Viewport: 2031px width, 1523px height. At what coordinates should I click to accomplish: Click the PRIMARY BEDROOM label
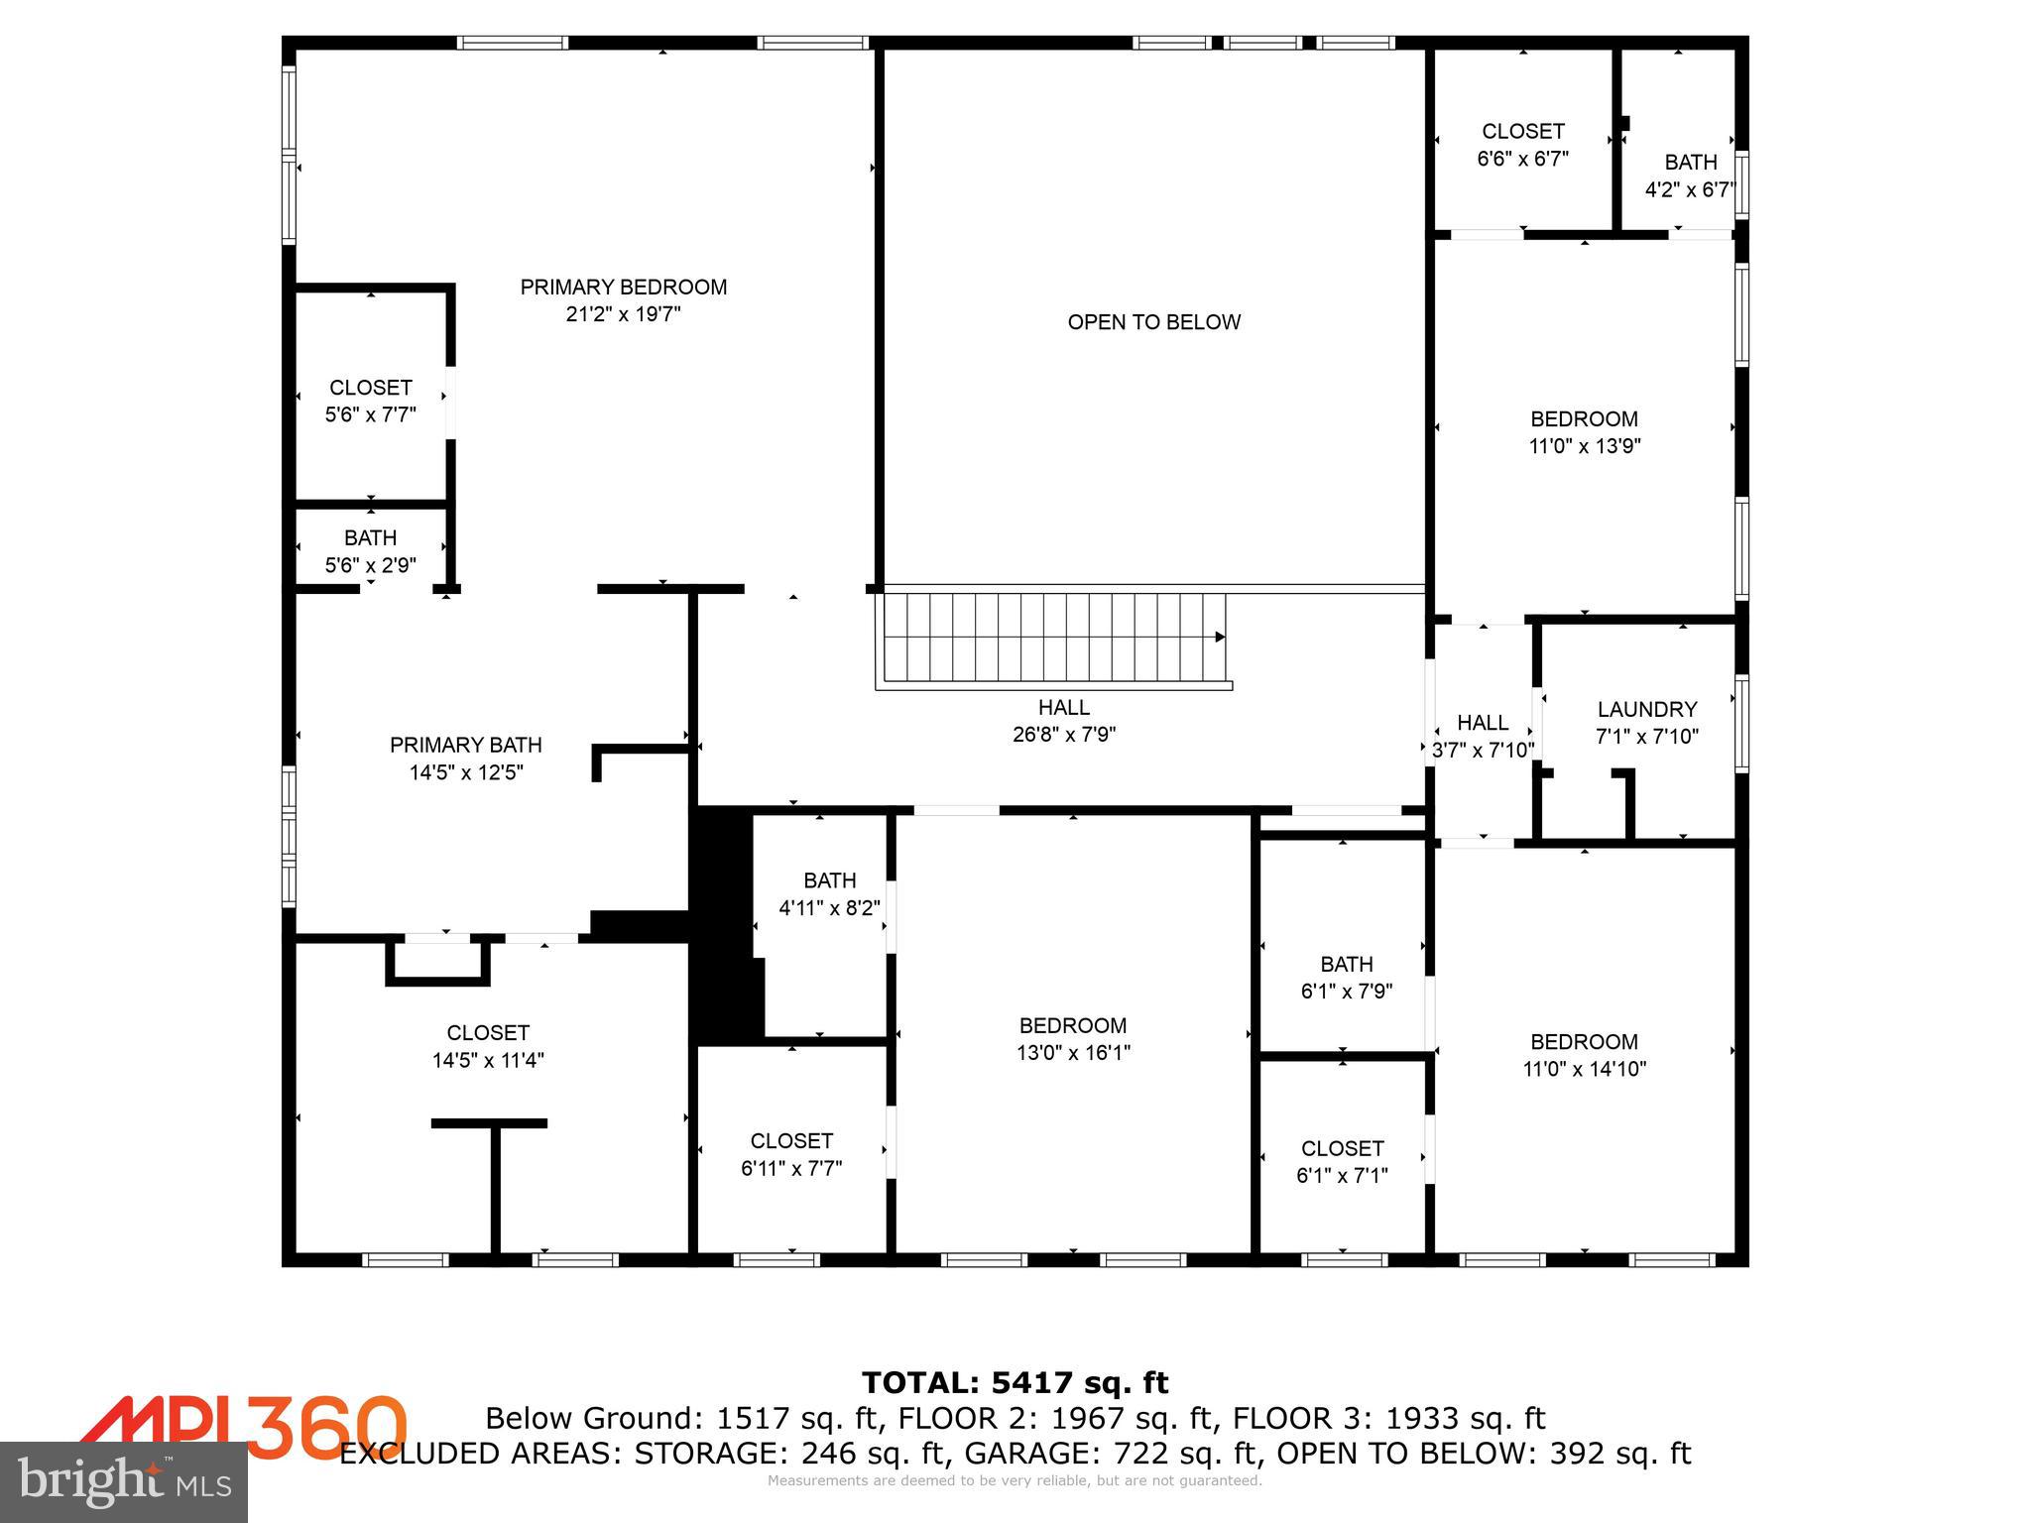point(623,288)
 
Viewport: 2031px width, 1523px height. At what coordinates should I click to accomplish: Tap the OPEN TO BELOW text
point(1153,322)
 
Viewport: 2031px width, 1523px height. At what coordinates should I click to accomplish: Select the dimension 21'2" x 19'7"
point(623,315)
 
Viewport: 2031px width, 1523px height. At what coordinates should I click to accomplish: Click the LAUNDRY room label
point(1646,710)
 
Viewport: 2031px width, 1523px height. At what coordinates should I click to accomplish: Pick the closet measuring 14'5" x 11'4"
point(487,1046)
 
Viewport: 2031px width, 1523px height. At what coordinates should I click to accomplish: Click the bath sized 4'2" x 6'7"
point(1690,176)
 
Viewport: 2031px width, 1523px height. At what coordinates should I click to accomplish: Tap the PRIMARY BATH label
point(465,745)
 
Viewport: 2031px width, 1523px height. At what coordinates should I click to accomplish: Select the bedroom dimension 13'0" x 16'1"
point(1073,1053)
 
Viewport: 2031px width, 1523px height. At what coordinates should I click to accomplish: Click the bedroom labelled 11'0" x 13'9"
point(1584,432)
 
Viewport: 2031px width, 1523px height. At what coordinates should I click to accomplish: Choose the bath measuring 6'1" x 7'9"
point(1346,977)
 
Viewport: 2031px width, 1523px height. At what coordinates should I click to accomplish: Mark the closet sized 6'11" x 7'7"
point(790,1154)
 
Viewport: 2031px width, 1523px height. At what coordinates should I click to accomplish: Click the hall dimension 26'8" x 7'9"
point(1064,735)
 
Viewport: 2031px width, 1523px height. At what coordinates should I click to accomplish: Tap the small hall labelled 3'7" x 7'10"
point(1483,737)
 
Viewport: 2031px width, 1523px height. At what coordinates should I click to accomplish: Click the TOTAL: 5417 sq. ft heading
point(1015,1382)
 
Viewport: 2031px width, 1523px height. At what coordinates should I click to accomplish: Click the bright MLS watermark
point(124,1481)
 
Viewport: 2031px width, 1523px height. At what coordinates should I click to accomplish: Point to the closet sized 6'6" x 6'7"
point(1522,145)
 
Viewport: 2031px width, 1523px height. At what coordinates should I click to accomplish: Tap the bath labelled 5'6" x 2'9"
point(370,551)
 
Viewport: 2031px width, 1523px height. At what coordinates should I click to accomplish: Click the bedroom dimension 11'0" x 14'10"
point(1584,1069)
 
